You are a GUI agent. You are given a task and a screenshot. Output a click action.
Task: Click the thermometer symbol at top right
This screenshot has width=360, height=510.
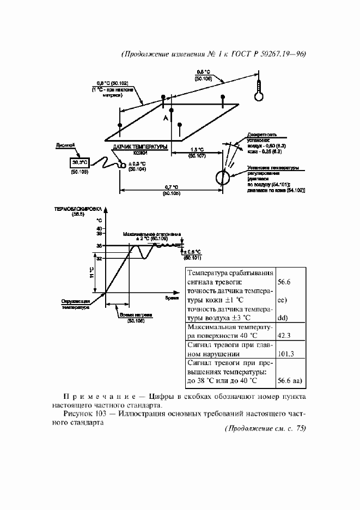258,93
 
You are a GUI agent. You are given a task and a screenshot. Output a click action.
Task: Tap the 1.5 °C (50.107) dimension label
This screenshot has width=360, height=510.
197,153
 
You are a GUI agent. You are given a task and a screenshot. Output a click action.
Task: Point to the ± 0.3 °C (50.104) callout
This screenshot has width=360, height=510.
137,166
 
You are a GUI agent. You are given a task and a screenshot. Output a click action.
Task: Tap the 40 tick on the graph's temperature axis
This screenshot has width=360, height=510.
100,228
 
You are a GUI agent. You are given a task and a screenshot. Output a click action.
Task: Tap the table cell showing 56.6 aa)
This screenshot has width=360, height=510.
289,381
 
